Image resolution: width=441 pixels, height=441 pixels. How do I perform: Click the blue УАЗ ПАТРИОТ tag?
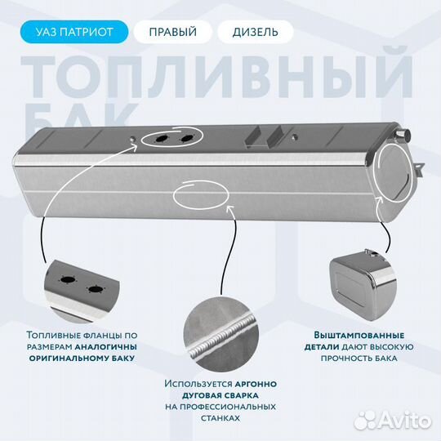click(82, 33)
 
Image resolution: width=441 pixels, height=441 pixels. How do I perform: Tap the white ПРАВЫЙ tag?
click(172, 33)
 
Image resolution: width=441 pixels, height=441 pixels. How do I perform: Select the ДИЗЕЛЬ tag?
click(248, 33)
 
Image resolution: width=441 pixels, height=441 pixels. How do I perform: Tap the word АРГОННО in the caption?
click(254, 383)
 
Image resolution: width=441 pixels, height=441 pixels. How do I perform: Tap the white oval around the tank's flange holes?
click(170, 140)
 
